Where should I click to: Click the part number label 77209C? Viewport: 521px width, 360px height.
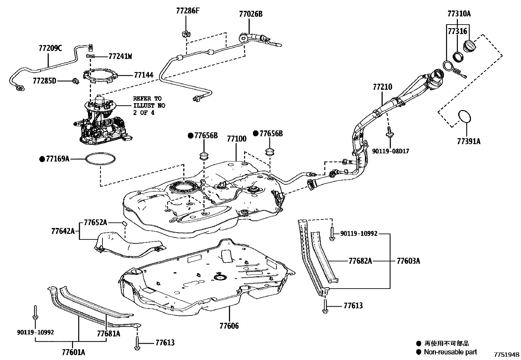(50, 48)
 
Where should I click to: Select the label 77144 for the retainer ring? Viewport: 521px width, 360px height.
(143, 75)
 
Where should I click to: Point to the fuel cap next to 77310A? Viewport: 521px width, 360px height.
(469, 46)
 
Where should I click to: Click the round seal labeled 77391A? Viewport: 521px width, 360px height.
(464, 117)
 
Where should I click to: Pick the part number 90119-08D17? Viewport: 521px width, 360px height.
(390, 151)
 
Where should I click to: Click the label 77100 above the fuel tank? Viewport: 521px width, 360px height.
(237, 139)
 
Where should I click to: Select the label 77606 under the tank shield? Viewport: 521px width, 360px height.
(229, 326)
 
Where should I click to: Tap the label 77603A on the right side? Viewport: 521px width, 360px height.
(408, 261)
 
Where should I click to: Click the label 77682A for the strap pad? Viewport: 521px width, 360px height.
(360, 261)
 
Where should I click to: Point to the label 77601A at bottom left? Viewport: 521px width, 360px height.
(73, 352)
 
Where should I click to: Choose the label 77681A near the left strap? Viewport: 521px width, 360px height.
(108, 334)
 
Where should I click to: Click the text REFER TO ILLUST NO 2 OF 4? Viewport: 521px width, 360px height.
(149, 105)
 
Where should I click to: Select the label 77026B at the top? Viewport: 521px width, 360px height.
(251, 14)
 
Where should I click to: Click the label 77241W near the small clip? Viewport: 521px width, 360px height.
(120, 56)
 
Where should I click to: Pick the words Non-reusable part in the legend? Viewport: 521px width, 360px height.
(450, 352)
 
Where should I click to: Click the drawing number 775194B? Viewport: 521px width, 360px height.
(507, 355)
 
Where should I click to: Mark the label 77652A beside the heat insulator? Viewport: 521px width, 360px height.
(95, 223)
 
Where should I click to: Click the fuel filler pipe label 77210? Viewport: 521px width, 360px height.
(382, 87)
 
